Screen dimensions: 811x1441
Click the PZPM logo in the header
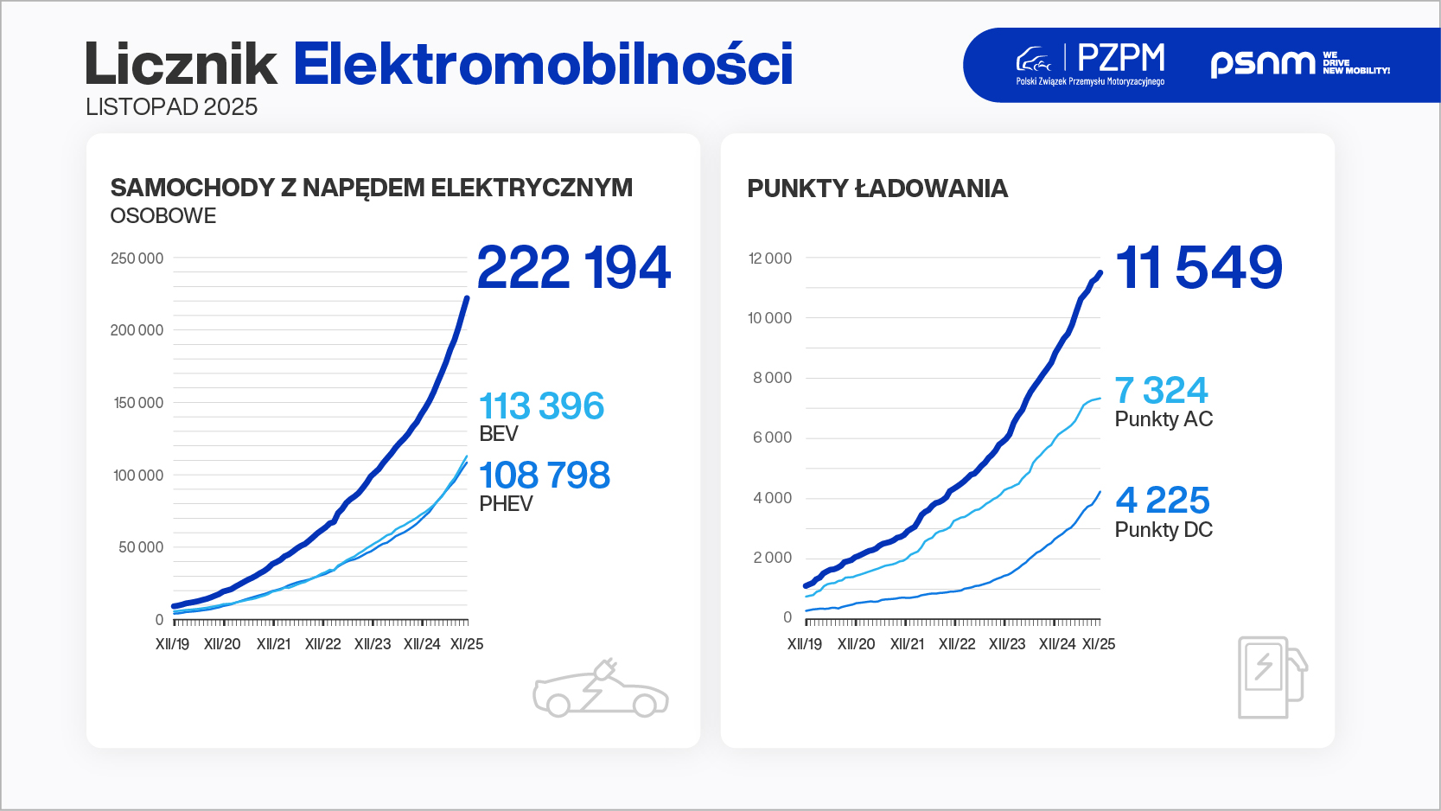point(1091,64)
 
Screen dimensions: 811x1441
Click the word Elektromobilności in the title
point(543,64)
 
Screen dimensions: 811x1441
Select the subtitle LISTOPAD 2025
point(171,107)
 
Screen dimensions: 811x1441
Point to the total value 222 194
point(573,267)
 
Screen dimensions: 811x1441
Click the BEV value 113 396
point(541,405)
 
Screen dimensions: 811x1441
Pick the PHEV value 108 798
point(544,475)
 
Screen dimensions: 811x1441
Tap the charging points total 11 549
point(1199,267)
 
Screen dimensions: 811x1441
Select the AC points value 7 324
point(1161,390)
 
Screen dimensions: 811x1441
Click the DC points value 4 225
point(1162,500)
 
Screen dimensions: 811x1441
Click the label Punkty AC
point(1164,419)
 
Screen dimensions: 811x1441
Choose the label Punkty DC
point(1164,530)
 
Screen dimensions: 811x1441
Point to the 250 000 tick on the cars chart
point(137,259)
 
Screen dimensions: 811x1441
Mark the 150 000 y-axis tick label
point(138,403)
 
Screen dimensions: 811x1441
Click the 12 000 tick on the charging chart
point(769,259)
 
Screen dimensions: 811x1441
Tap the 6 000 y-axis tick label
point(772,437)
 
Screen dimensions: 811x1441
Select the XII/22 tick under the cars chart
point(322,644)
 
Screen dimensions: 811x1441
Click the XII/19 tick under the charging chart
point(804,644)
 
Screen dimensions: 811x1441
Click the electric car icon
point(601,691)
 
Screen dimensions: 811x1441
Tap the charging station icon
point(1271,678)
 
